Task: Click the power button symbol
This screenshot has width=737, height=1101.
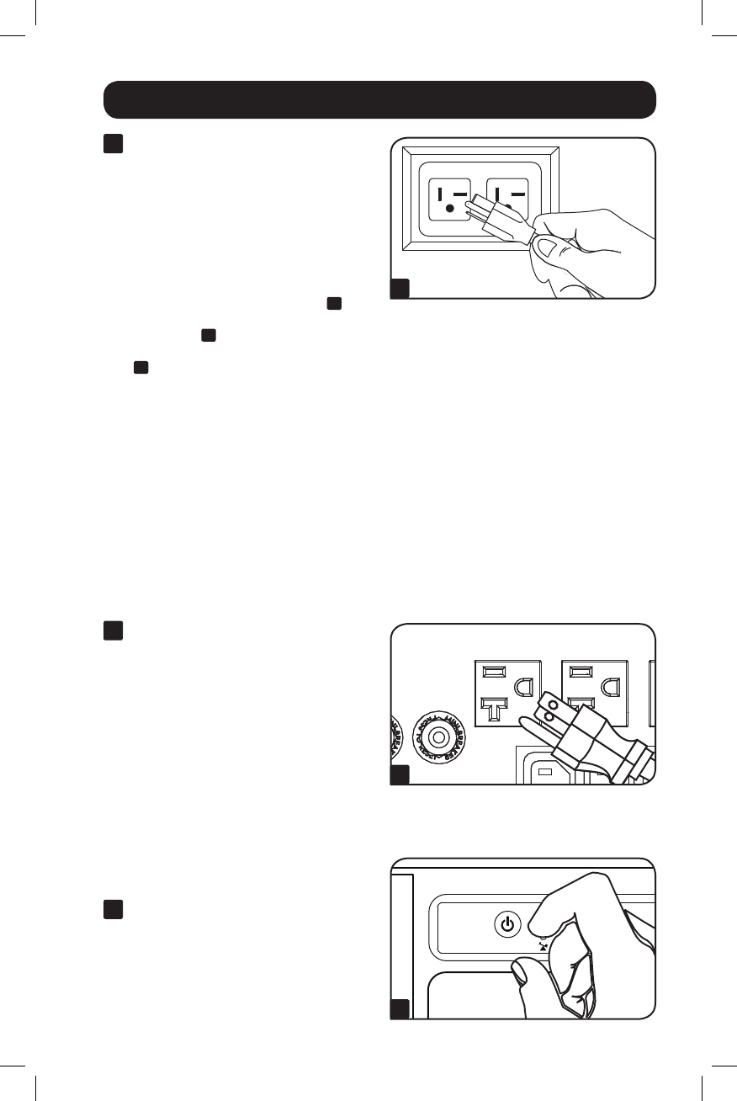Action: (x=506, y=924)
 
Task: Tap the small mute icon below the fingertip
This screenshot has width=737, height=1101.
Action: (x=543, y=945)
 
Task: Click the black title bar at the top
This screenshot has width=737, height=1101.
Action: (x=379, y=99)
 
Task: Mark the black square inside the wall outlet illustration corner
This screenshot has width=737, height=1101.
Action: (x=400, y=289)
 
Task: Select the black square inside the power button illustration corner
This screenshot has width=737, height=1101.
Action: (x=400, y=1009)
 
